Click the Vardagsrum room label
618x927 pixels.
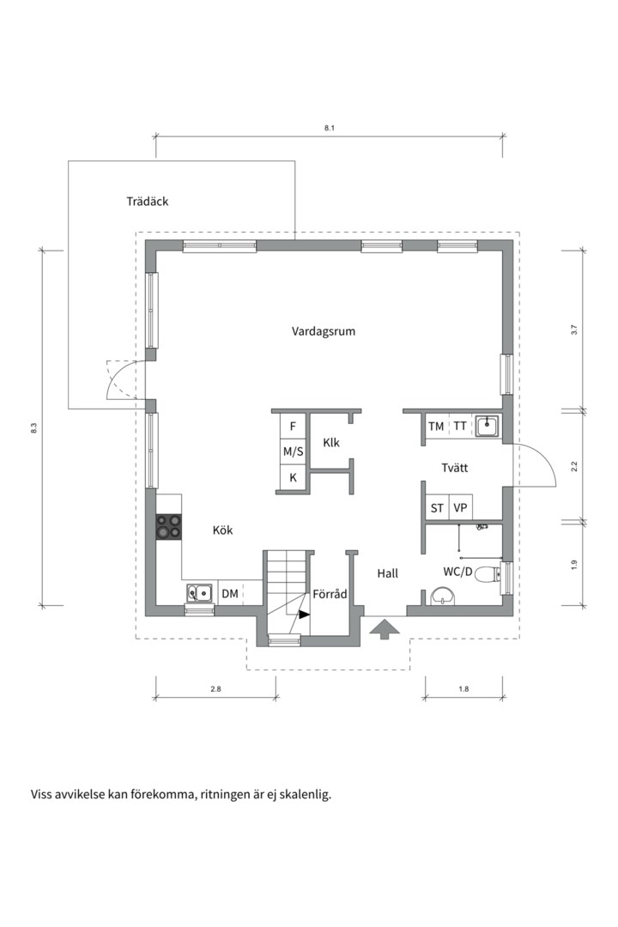324,331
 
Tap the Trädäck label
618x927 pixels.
148,202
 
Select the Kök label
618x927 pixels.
223,530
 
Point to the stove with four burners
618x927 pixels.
168,526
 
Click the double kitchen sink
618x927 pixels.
200,591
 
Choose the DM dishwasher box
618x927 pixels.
230,593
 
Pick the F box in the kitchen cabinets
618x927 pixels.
293,427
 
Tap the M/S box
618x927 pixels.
293,452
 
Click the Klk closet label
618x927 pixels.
331,443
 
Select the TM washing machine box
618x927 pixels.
436,427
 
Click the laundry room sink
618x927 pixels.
487,426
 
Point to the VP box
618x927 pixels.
460,508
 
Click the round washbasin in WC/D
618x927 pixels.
443,596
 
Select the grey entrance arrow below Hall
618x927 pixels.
385,629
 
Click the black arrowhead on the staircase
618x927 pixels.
304,615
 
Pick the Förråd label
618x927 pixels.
330,594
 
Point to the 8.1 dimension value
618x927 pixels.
330,128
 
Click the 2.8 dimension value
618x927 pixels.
215,688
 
